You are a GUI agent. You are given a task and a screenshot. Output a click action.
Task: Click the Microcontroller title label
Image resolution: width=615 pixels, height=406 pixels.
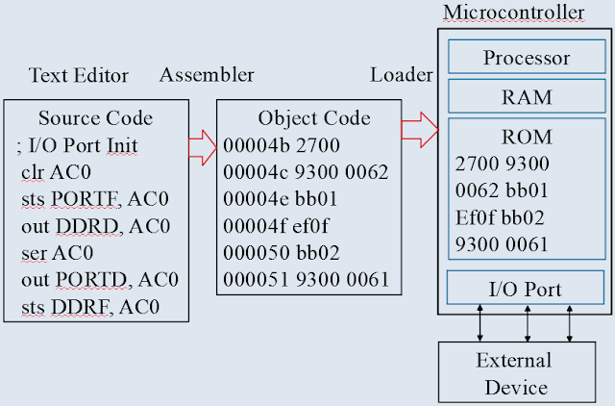click(x=512, y=13)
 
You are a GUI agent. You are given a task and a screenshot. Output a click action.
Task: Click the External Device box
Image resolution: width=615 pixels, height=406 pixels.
click(x=513, y=373)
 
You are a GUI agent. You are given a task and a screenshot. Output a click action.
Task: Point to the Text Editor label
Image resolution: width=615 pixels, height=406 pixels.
click(x=79, y=75)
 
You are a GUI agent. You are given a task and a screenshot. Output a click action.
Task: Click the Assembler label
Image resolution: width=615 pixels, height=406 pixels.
click(x=207, y=75)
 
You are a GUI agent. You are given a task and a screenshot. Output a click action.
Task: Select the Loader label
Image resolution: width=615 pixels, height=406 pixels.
click(x=402, y=75)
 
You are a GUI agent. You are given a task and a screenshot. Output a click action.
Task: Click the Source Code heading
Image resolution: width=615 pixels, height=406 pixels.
click(x=95, y=118)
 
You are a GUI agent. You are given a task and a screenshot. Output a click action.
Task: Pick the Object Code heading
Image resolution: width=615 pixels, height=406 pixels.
click(x=313, y=118)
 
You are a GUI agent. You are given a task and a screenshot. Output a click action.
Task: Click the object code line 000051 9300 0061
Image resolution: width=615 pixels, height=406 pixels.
click(x=305, y=280)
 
